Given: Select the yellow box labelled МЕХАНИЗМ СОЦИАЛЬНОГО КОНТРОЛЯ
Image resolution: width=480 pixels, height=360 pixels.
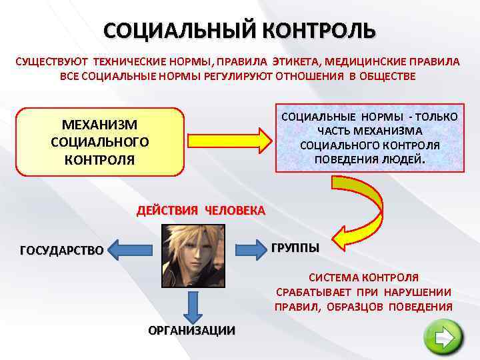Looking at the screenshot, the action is pyautogui.click(x=100, y=141).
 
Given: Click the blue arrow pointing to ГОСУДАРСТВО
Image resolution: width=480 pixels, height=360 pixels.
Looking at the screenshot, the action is pyautogui.click(x=130, y=250).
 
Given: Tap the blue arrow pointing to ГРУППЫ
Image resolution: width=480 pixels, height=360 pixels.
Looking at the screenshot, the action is pyautogui.click(x=248, y=249).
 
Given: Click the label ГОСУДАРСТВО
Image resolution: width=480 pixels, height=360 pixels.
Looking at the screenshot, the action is pyautogui.click(x=62, y=251).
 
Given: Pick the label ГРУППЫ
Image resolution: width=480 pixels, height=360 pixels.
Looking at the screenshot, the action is pyautogui.click(x=295, y=248).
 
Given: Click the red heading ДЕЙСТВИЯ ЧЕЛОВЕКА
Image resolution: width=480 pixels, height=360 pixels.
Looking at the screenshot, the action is pyautogui.click(x=201, y=211).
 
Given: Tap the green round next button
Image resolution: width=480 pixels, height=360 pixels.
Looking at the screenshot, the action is pyautogui.click(x=443, y=339).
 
